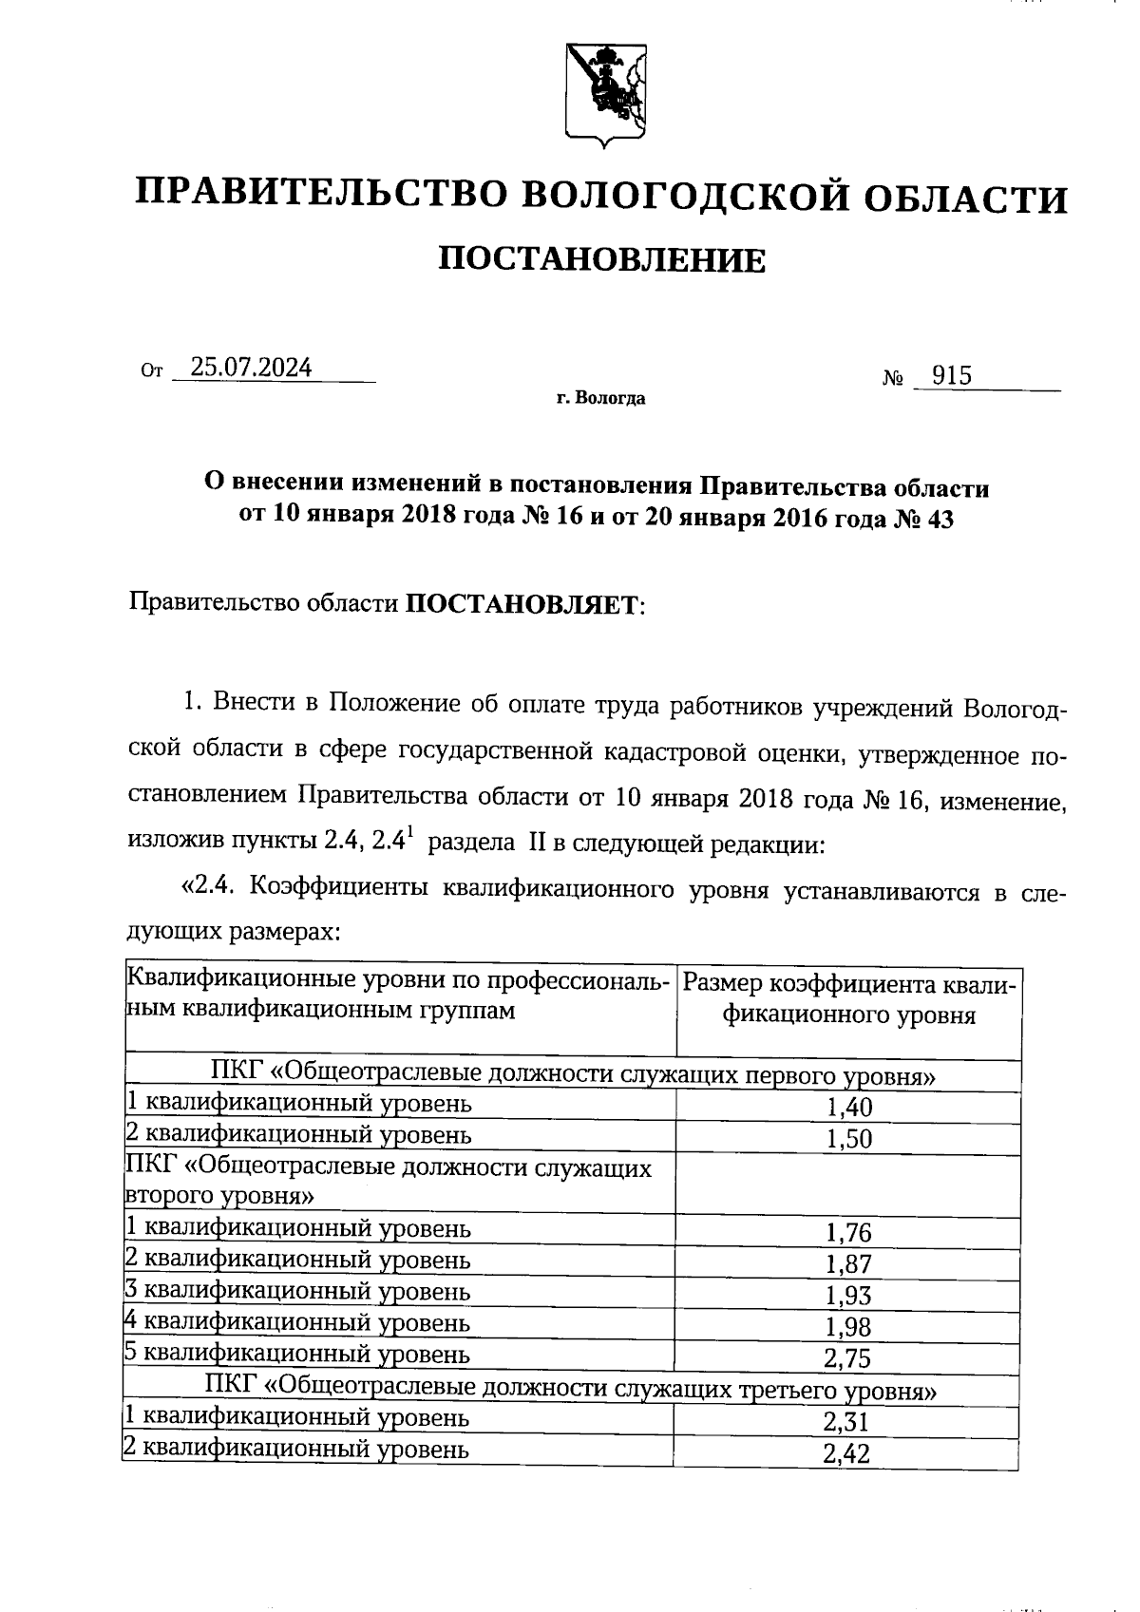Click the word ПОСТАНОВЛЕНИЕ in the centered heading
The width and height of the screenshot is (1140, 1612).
tap(601, 259)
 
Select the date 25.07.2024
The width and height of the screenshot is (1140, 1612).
tap(251, 368)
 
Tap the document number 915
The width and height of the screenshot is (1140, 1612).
tap(951, 376)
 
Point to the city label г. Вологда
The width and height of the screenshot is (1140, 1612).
tap(601, 398)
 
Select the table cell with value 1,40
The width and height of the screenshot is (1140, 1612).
tap(848, 1107)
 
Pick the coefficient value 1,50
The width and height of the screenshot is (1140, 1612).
tap(848, 1138)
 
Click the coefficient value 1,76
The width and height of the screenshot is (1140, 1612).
tap(848, 1233)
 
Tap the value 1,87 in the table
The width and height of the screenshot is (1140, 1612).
tap(848, 1264)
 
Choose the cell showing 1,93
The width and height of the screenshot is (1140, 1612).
tap(848, 1296)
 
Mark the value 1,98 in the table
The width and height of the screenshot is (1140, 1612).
tap(848, 1327)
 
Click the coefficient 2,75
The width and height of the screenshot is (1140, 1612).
tap(848, 1358)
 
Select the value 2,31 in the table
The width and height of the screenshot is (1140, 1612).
tap(848, 1422)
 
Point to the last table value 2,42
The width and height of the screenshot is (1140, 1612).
tap(848, 1454)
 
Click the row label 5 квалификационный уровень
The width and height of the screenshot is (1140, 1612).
tap(297, 1354)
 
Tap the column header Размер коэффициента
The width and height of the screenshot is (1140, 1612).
tap(849, 985)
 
